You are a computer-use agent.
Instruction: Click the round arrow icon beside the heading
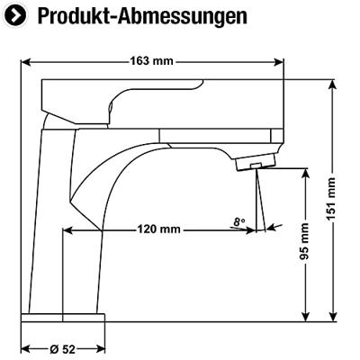(15, 15)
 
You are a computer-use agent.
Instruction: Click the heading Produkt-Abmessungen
(142, 16)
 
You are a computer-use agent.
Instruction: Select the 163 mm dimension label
(151, 61)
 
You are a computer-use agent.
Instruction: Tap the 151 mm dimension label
(331, 199)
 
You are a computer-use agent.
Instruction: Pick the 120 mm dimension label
(159, 229)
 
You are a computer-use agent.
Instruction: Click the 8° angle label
(239, 222)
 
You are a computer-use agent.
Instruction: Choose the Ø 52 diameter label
(62, 349)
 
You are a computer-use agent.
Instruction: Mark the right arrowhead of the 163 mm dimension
(279, 62)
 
